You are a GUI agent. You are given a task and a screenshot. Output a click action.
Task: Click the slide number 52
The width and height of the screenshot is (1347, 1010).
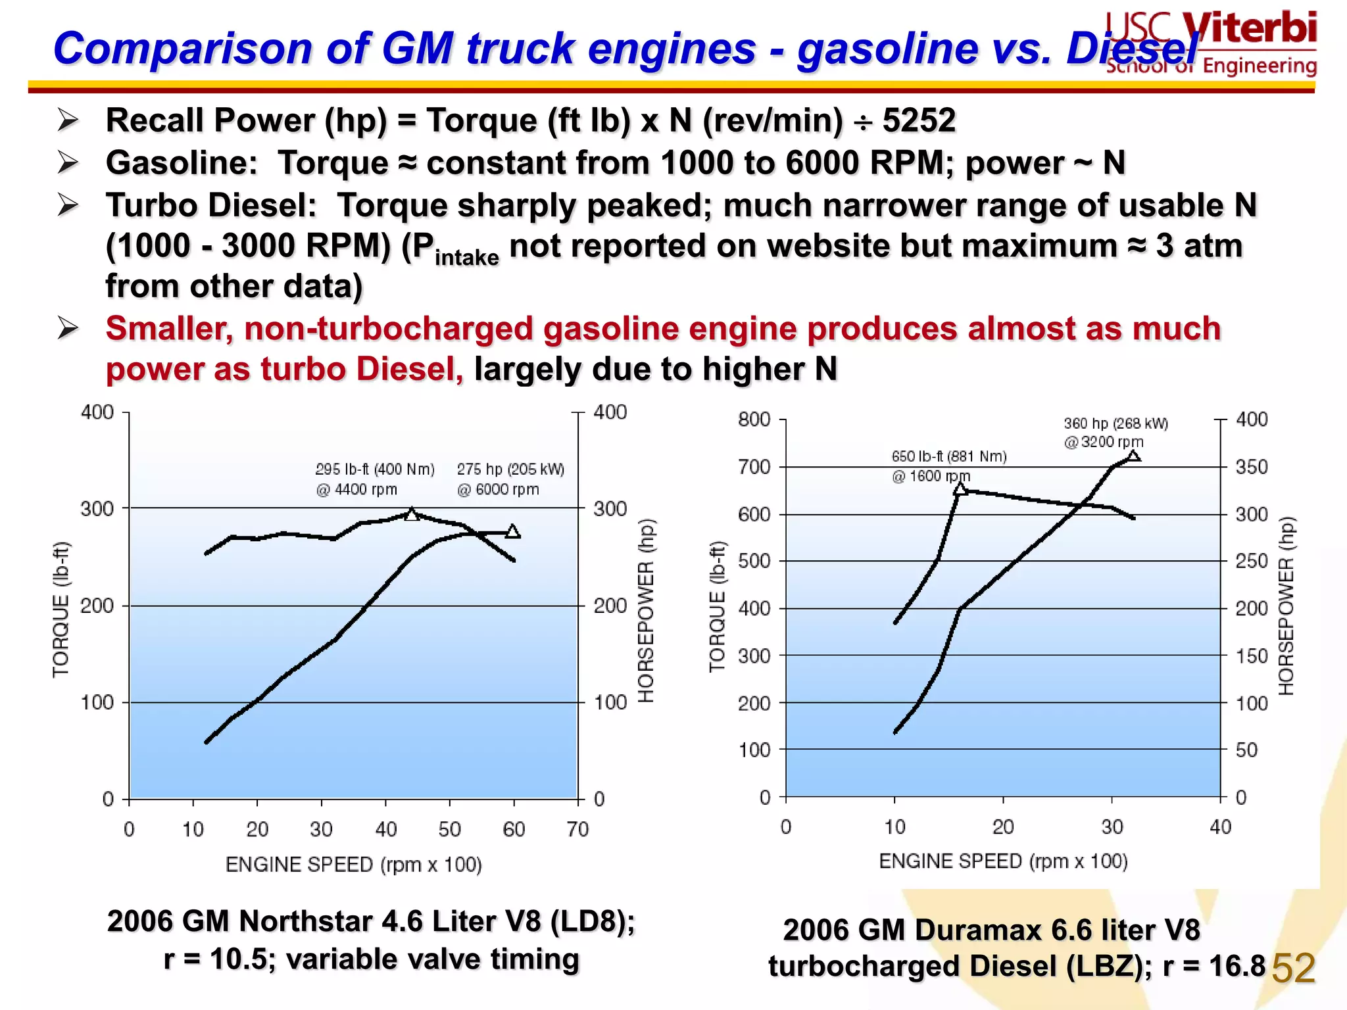[1293, 969]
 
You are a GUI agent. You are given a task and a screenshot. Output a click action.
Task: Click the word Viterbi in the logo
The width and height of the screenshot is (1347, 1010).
[1250, 29]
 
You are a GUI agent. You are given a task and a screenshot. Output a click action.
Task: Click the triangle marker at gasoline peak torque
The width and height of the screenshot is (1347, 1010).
[412, 514]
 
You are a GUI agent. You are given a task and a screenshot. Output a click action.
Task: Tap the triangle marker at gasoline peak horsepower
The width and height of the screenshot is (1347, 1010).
[513, 531]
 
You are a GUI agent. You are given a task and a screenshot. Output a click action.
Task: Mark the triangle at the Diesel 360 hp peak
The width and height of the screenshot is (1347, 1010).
[1133, 456]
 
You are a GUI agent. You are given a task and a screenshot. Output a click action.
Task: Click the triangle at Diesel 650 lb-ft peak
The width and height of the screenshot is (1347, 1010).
[960, 489]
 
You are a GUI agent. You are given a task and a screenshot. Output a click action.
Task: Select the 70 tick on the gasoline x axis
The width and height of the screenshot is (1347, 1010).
[577, 830]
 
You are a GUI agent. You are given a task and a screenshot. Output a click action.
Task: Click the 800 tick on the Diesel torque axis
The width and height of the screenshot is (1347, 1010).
[754, 420]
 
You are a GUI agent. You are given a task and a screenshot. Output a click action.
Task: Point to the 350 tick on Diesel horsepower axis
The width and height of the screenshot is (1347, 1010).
[1251, 468]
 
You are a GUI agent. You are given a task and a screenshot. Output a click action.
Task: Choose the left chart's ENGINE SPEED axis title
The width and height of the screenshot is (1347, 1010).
[353, 864]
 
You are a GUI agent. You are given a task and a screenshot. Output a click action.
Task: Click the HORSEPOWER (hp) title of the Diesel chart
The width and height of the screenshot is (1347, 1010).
[1286, 606]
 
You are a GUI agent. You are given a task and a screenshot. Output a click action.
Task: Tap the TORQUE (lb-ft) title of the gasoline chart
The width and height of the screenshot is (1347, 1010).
[61, 610]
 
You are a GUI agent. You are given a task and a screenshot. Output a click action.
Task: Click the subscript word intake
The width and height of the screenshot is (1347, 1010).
[466, 258]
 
